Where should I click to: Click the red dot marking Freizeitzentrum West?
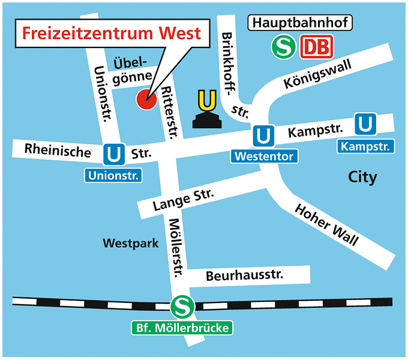pos(146,100)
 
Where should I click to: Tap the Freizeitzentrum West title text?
pos(112,33)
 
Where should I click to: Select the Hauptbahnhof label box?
pos(300,23)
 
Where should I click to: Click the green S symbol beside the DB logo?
pos(281,46)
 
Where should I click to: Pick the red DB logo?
pos(314,46)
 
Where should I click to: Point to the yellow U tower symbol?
pos(206,110)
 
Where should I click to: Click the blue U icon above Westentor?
pos(263,135)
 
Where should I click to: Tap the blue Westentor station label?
pos(264,157)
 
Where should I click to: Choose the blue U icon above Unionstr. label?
pos(113,154)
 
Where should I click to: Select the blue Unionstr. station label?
pos(113,176)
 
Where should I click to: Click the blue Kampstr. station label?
pos(366,146)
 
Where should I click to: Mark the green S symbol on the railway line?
pos(181,307)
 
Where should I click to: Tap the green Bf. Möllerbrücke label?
pos(181,328)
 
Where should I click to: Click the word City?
pos(362,177)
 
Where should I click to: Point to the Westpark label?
pos(130,244)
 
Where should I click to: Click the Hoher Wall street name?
pos(327,225)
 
